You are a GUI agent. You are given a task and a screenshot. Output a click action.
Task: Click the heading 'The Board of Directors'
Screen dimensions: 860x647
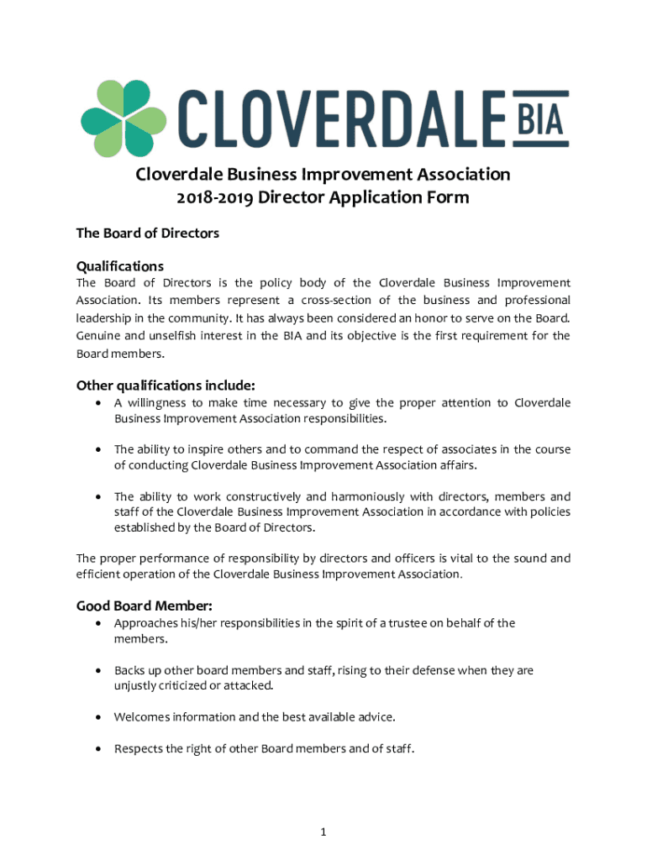pyautogui.click(x=148, y=233)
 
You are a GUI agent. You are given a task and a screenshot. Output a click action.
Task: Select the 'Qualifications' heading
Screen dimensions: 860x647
pyautogui.click(x=120, y=265)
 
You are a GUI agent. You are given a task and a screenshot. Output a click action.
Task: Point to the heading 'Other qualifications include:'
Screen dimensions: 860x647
pyautogui.click(x=166, y=385)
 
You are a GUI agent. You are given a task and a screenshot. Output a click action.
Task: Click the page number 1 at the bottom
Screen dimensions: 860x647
pyautogui.click(x=323, y=831)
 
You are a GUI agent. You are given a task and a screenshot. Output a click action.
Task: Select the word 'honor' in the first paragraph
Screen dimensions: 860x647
pyautogui.click(x=456, y=317)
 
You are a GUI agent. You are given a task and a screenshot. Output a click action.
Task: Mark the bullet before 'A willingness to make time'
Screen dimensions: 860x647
pyautogui.click(x=100, y=403)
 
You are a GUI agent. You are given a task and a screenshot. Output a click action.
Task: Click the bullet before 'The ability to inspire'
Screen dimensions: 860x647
pyautogui.click(x=100, y=449)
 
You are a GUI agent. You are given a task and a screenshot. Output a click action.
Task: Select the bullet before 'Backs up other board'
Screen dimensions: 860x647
pyautogui.click(x=100, y=670)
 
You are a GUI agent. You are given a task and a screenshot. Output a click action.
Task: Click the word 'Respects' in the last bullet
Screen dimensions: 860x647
pyautogui.click(x=139, y=747)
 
